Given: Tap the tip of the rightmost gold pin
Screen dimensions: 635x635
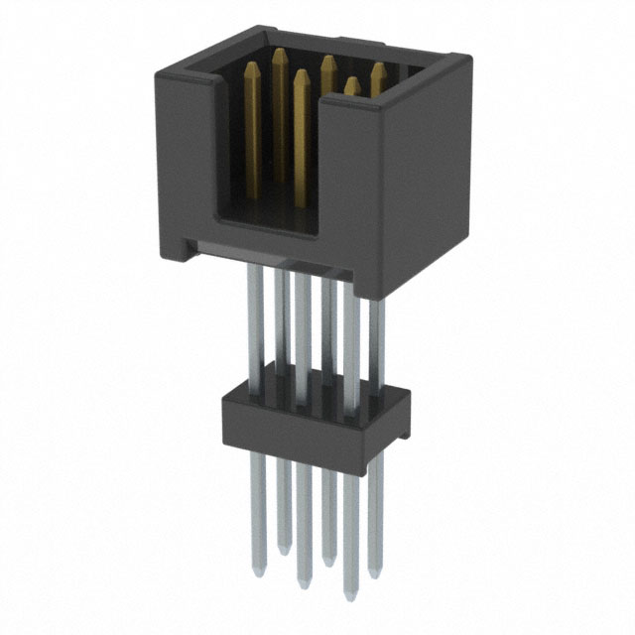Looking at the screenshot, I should click(377, 68).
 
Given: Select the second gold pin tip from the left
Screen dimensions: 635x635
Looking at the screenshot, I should click(279, 52).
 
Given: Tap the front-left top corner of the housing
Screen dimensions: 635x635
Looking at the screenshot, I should click(160, 61).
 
